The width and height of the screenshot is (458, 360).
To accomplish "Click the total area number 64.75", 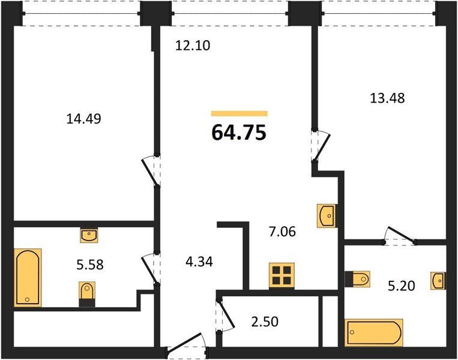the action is pyautogui.click(x=239, y=132).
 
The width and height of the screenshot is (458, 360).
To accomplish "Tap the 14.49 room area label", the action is pyautogui.click(x=84, y=119).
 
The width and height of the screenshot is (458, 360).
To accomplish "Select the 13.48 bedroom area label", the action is pyautogui.click(x=387, y=98).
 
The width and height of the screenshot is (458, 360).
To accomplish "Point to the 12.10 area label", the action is pyautogui.click(x=193, y=46).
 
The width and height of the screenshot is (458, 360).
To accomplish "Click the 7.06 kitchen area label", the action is pyautogui.click(x=282, y=232).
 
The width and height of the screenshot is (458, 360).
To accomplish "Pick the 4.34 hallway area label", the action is pyautogui.click(x=199, y=262).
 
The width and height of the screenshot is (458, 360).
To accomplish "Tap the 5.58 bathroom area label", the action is pyautogui.click(x=90, y=265).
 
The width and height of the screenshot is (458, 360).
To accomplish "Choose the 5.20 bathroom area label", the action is pyautogui.click(x=402, y=286).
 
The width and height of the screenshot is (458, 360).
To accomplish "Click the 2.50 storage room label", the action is pyautogui.click(x=265, y=322).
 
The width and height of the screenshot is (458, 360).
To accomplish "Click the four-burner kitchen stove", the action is pyautogui.click(x=282, y=275).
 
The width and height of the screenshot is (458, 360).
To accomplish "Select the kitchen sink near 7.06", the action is pyautogui.click(x=327, y=216).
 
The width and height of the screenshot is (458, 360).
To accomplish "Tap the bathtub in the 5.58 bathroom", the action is pyautogui.click(x=28, y=278).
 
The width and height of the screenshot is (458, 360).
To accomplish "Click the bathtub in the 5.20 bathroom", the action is pyautogui.click(x=374, y=332).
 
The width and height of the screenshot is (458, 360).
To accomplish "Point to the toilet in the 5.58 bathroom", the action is pyautogui.click(x=87, y=294).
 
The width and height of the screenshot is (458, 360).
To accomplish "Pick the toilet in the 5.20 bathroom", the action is pyautogui.click(x=358, y=279).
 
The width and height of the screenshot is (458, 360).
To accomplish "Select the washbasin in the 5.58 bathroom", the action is pyautogui.click(x=89, y=235).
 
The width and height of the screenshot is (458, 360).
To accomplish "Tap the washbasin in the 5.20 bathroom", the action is pyautogui.click(x=438, y=281).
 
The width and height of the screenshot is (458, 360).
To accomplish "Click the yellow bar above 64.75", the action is pyautogui.click(x=240, y=113).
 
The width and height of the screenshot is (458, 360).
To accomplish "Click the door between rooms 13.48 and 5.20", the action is pyautogui.click(x=400, y=235).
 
